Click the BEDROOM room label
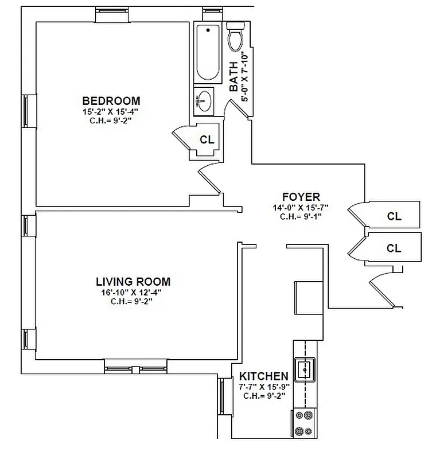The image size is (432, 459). pyautogui.click(x=111, y=100)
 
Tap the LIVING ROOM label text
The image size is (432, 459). pyautogui.click(x=133, y=282)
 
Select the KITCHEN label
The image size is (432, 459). pyautogui.click(x=264, y=376)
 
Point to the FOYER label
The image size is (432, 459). pyautogui.click(x=301, y=197)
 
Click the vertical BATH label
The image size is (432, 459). pyautogui.click(x=234, y=77)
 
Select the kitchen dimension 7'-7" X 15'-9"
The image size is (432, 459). pyautogui.click(x=264, y=386)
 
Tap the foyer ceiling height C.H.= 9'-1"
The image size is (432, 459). pyautogui.click(x=301, y=217)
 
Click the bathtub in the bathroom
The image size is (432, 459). pyautogui.click(x=208, y=53)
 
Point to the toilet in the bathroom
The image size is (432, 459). pyautogui.click(x=235, y=37)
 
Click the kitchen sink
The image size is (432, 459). pyautogui.click(x=304, y=369)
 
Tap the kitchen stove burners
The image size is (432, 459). pyautogui.click(x=304, y=423)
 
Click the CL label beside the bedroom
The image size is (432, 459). pyautogui.click(x=207, y=139)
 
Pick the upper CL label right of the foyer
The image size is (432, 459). pyautogui.click(x=394, y=216)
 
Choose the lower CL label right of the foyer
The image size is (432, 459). pyautogui.click(x=394, y=248)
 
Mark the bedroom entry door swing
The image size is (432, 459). pyautogui.click(x=210, y=179)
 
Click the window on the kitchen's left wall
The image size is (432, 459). pyautogui.click(x=221, y=398)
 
